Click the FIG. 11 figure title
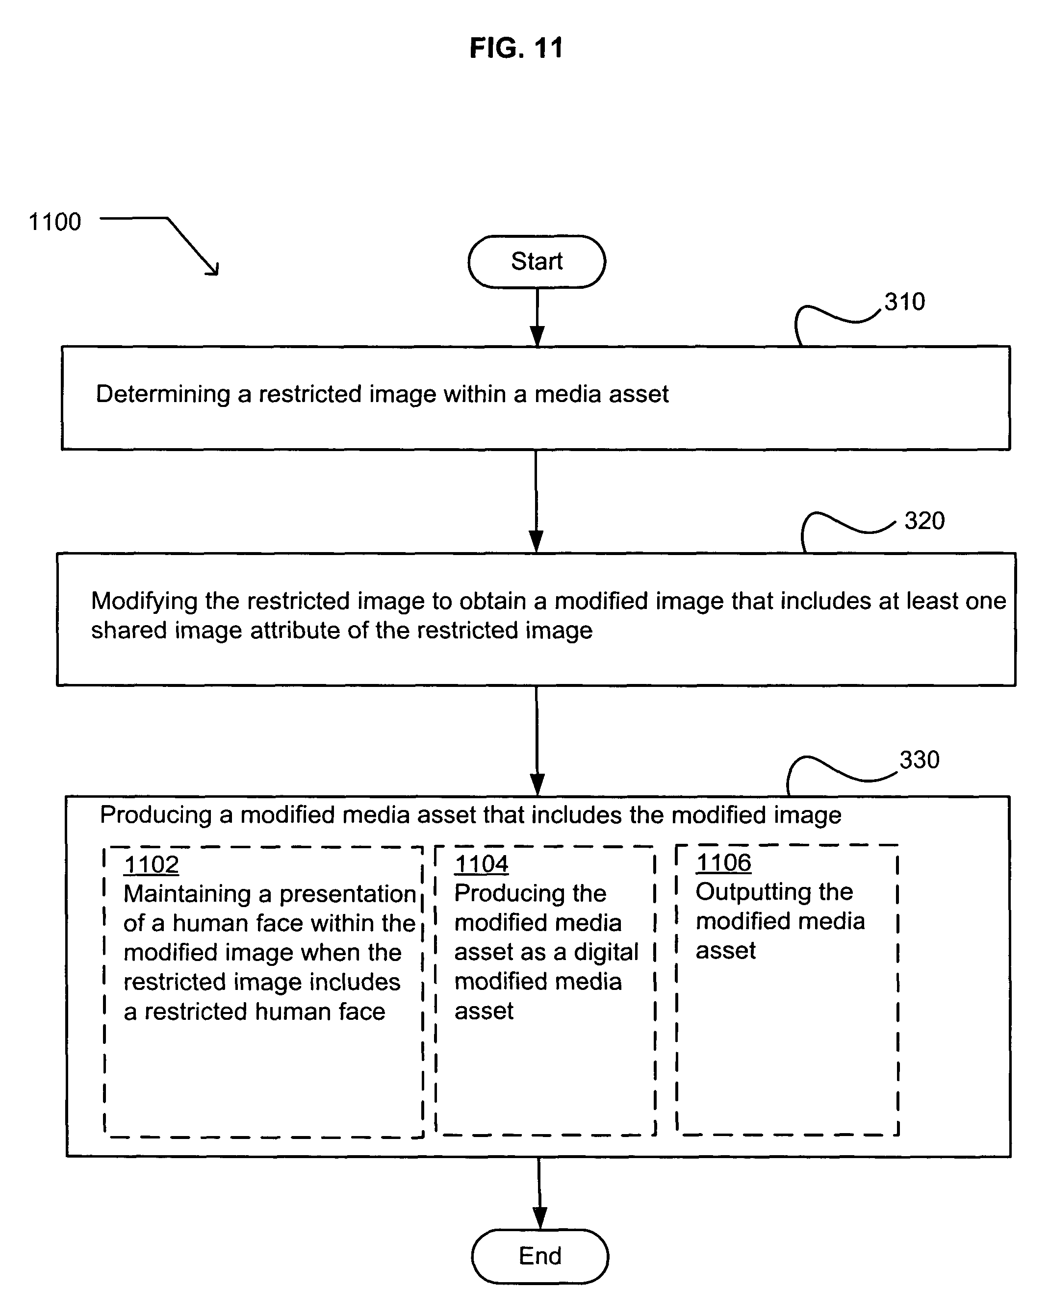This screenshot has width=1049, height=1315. pyautogui.click(x=516, y=48)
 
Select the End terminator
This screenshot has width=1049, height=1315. pyautogui.click(x=540, y=1257)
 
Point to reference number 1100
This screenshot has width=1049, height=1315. pyautogui.click(x=55, y=222)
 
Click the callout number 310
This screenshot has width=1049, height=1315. pyautogui.click(x=904, y=302)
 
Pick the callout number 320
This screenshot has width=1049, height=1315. pyautogui.click(x=924, y=521)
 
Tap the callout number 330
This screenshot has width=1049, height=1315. pyautogui.click(x=919, y=760)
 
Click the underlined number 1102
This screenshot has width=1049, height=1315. pyautogui.click(x=152, y=865)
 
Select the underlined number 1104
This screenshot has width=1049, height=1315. pyautogui.click(x=482, y=864)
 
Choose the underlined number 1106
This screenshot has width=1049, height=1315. pyautogui.click(x=724, y=862)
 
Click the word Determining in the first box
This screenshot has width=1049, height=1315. pyautogui.click(x=163, y=394)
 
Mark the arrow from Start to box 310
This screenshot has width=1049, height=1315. pyautogui.click(x=537, y=317)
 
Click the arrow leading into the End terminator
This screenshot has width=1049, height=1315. pyautogui.click(x=540, y=1193)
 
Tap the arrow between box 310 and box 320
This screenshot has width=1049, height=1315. pyautogui.click(x=537, y=502)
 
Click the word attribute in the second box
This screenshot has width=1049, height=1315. pyautogui.click(x=295, y=631)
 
